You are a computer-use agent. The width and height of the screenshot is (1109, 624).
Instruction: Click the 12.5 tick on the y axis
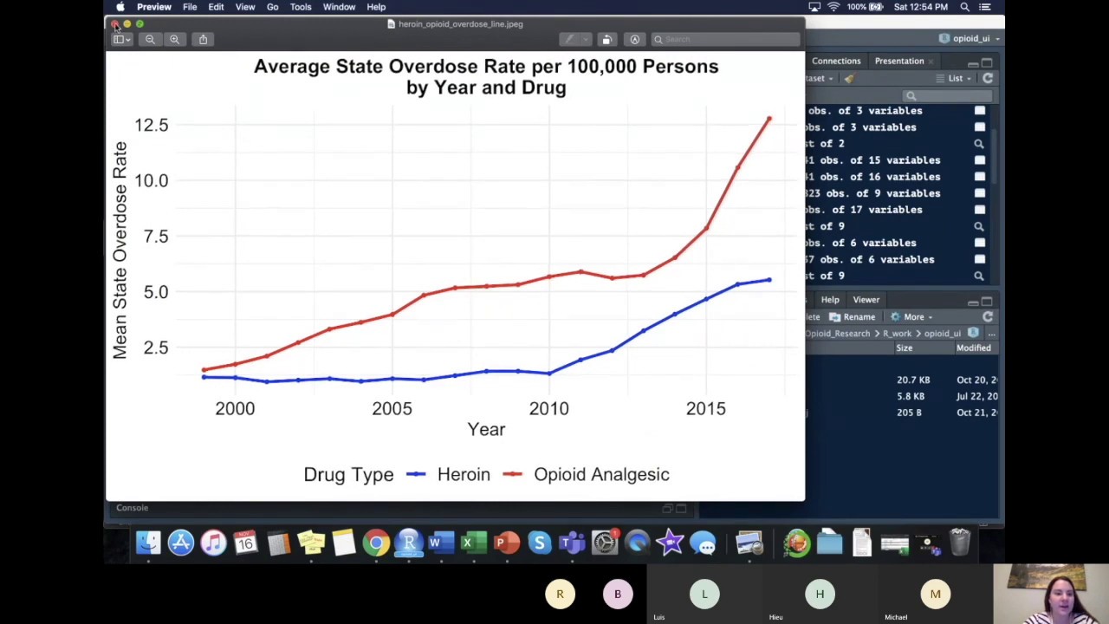pyautogui.click(x=151, y=125)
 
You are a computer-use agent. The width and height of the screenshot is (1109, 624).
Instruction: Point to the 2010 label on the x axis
pyautogui.click(x=548, y=408)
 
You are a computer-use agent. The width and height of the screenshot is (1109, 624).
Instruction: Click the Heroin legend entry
pyautogui.click(x=463, y=474)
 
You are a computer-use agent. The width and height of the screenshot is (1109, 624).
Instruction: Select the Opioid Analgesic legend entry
pyautogui.click(x=600, y=474)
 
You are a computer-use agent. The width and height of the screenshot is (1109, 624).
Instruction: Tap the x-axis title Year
pyautogui.click(x=485, y=429)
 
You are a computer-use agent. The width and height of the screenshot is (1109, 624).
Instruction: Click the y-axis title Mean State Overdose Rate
pyautogui.click(x=120, y=250)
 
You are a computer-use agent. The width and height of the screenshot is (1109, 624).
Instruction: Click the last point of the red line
pyautogui.click(x=769, y=119)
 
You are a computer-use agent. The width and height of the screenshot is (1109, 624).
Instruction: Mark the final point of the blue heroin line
pyautogui.click(x=769, y=280)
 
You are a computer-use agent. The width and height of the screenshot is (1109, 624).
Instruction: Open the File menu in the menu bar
pyautogui.click(x=190, y=7)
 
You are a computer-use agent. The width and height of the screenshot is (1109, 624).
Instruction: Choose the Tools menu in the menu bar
pyautogui.click(x=301, y=7)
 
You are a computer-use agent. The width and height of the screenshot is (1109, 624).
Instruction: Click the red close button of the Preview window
pyautogui.click(x=115, y=24)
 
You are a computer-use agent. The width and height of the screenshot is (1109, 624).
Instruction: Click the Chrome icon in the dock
pyautogui.click(x=376, y=543)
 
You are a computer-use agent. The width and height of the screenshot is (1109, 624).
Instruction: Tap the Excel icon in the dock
pyautogui.click(x=468, y=543)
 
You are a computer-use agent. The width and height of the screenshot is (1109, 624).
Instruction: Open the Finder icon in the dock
pyautogui.click(x=148, y=543)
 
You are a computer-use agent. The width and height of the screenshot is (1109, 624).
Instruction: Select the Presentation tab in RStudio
pyautogui.click(x=898, y=61)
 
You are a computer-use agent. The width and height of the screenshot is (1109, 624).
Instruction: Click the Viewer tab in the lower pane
pyautogui.click(x=866, y=300)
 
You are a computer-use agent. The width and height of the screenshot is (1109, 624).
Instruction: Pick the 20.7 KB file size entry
pyautogui.click(x=913, y=380)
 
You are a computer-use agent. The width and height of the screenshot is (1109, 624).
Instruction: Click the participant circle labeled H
pyautogui.click(x=820, y=595)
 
